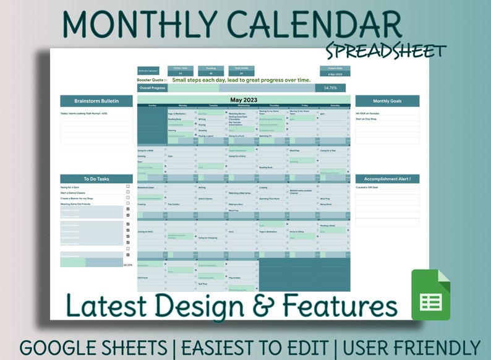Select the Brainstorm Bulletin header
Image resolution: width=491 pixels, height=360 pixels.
(x=96, y=101)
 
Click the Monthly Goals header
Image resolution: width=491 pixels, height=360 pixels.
(x=387, y=101)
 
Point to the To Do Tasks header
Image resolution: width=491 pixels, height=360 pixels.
(x=96, y=179)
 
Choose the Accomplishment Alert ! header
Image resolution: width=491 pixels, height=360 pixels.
(x=387, y=179)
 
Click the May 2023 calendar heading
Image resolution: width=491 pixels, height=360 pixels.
(x=243, y=100)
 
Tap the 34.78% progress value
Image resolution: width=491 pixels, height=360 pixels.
(x=330, y=88)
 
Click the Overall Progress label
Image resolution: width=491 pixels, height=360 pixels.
(x=152, y=88)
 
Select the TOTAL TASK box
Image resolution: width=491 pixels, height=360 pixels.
(x=179, y=71)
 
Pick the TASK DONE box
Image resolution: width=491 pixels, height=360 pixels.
(x=241, y=71)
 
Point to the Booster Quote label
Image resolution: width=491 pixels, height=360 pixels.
(x=152, y=80)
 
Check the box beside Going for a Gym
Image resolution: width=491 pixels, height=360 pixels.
(x=128, y=186)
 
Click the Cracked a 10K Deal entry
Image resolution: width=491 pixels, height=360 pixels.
(x=368, y=186)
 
